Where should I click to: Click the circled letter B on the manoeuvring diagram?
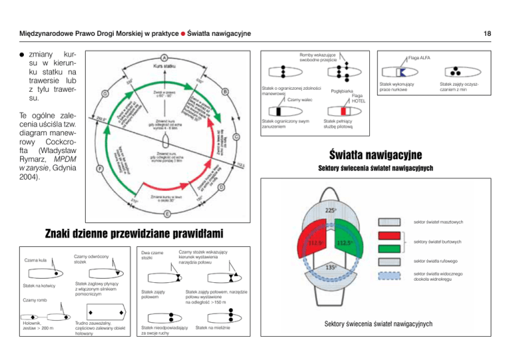226,91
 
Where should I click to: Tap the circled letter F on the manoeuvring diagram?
100,170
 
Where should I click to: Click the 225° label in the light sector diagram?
330,212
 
